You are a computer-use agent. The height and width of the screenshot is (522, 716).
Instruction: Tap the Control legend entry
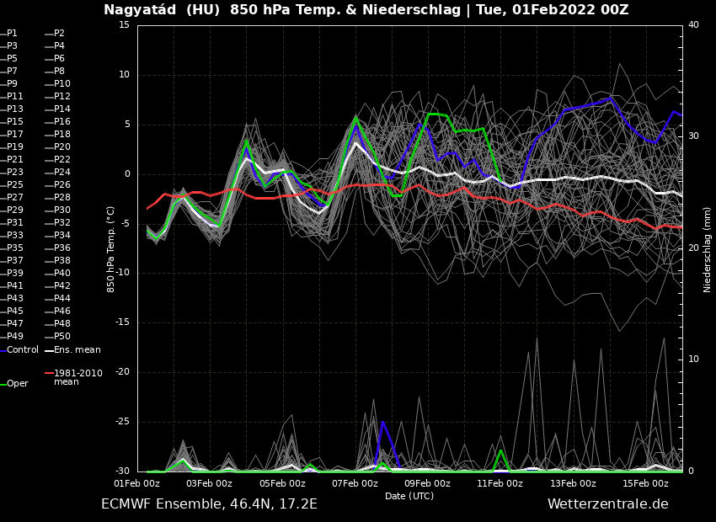point(22,350)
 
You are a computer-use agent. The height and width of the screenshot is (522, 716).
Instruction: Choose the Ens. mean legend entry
point(77,350)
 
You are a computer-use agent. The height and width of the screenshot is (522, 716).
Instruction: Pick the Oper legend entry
point(17,384)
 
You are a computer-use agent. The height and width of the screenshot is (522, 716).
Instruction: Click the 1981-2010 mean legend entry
point(77,377)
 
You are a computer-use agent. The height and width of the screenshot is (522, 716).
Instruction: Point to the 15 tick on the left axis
point(124,25)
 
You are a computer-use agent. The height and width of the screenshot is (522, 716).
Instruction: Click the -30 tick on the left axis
point(122,471)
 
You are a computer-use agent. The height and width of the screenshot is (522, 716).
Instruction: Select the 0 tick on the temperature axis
point(127,174)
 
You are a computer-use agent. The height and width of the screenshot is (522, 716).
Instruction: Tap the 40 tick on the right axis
point(693,25)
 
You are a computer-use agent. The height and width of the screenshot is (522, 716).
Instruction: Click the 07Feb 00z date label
point(355,484)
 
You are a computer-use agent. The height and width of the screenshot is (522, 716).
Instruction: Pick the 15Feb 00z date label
point(645,484)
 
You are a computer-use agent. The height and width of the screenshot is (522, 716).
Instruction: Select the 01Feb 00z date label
point(136,484)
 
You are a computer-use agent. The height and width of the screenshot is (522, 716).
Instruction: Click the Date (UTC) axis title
point(409,497)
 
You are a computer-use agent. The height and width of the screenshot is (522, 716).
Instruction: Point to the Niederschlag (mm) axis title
point(708,249)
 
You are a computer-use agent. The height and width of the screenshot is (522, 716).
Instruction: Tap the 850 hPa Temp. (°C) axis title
point(111,249)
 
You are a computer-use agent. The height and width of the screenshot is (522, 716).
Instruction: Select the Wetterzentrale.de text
point(607,504)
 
